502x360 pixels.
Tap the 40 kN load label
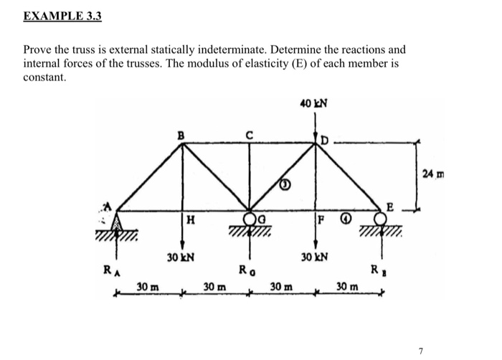coord(315,105)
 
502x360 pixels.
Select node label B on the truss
coord(181,133)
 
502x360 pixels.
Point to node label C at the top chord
coord(249,133)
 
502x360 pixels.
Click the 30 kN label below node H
coord(181,257)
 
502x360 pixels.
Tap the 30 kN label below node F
coord(315,257)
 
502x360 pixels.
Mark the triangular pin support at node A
coord(117,220)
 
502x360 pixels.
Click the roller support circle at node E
coord(382,217)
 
